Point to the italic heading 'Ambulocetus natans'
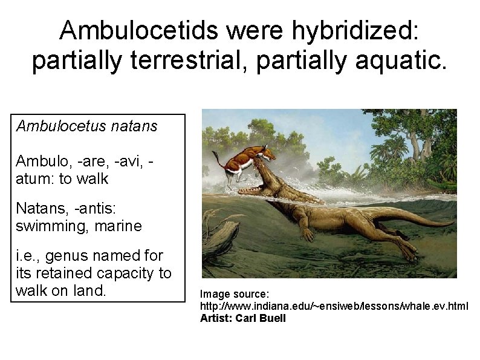[87, 126]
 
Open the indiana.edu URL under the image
[334, 306]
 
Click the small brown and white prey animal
[242, 160]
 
